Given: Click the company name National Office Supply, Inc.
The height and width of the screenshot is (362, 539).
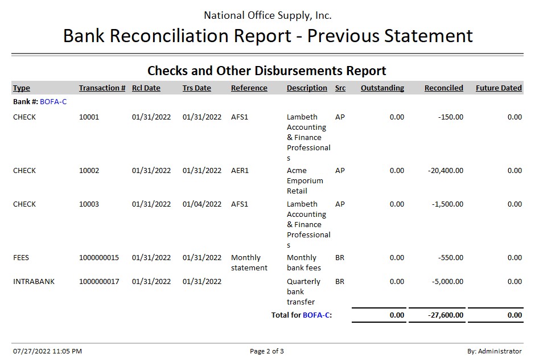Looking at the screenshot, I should point(268,15).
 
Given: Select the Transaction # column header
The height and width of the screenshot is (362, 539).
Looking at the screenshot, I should point(102,88).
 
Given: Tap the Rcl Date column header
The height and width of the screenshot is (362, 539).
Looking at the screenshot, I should point(146,88).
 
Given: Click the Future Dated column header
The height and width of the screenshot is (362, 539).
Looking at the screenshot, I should point(499,88).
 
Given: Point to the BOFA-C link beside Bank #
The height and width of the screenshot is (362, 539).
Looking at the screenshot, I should point(54,102).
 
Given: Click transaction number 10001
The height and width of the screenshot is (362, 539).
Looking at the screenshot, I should point(89,117).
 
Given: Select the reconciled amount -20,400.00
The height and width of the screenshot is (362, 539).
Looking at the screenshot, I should point(445,171).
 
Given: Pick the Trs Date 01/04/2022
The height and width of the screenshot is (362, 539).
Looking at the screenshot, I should point(202,204).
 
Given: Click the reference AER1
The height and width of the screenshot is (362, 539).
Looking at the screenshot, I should point(240,171).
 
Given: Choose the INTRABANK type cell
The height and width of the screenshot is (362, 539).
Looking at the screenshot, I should point(34,282).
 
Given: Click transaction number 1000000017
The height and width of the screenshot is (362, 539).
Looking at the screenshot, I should point(99,282).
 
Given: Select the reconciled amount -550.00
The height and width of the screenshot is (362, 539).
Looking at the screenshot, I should point(451,258).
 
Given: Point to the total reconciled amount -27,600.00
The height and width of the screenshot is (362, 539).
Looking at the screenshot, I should point(445,315).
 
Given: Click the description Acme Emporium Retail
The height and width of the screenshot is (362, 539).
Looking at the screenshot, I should point(305,181).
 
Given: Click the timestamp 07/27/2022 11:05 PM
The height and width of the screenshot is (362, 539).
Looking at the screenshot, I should point(47,351).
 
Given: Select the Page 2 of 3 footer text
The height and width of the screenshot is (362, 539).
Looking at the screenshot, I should point(267,351).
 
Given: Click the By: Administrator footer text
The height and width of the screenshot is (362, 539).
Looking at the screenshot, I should point(494,351).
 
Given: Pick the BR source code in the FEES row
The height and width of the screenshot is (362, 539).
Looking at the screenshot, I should point(340,258).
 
